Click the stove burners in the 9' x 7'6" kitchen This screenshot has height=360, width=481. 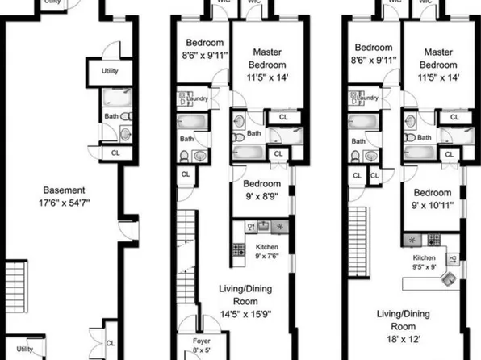coord(239,250)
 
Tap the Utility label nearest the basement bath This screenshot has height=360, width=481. coord(111,71)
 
